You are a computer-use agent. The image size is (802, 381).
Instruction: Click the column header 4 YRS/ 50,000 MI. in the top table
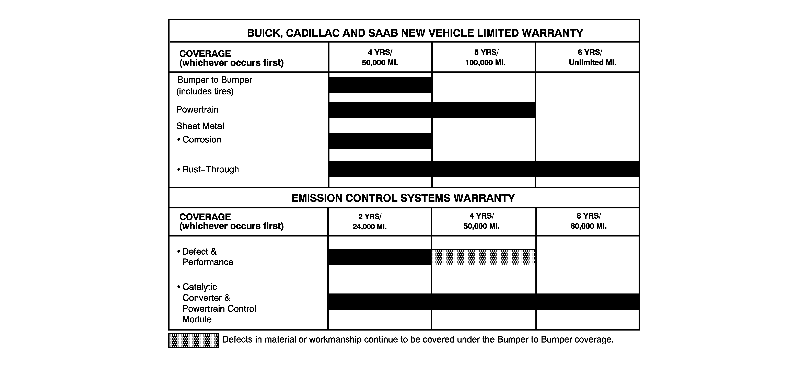380,57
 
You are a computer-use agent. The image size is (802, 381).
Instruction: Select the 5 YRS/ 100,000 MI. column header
485,57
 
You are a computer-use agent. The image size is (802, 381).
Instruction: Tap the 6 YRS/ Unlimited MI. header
592,57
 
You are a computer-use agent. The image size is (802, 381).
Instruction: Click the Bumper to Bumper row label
214,85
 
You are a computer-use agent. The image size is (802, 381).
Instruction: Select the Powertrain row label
197,109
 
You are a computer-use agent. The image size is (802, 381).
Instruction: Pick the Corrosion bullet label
201,139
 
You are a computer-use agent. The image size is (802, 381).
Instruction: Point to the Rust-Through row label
210,169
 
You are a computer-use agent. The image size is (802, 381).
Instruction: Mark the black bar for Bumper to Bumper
380,85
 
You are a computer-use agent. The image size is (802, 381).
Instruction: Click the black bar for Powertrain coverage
432,109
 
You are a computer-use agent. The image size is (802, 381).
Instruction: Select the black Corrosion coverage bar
380,141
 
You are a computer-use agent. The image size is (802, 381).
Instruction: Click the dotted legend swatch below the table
193,340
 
